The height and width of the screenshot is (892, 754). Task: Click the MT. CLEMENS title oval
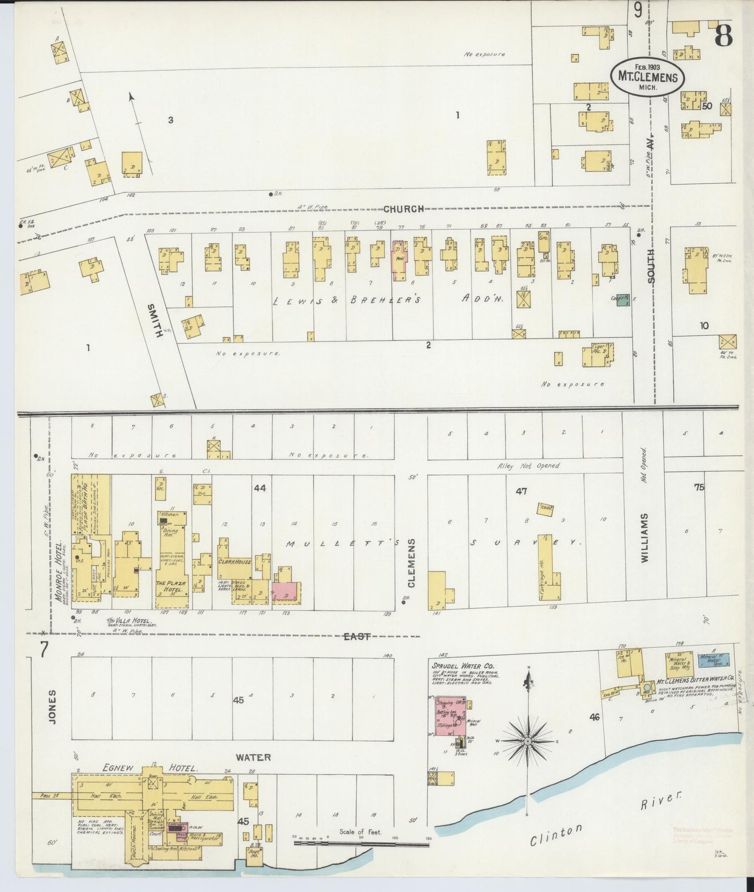(x=648, y=76)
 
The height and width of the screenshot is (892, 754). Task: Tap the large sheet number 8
(x=724, y=36)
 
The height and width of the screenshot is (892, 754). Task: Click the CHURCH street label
(x=403, y=209)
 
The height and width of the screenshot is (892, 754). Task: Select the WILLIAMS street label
(x=644, y=537)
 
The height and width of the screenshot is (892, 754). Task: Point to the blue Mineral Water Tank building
(x=714, y=660)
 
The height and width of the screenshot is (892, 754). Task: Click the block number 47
(x=521, y=491)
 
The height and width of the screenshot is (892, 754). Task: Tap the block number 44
(x=259, y=488)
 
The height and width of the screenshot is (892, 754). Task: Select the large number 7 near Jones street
(x=44, y=650)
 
